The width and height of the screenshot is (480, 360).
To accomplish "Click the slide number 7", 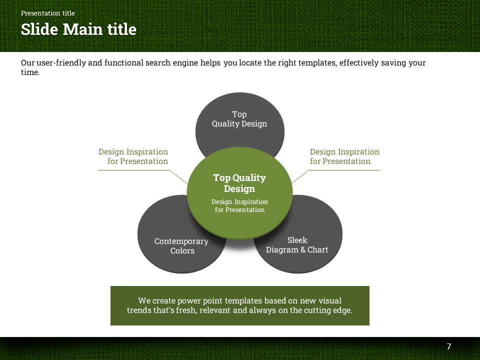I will [448, 346].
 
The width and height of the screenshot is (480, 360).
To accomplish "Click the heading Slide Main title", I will [78, 29].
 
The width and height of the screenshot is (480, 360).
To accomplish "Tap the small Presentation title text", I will [48, 13].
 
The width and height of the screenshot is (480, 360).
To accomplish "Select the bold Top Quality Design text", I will [239, 183].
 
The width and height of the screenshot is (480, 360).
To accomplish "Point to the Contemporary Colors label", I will [181, 246].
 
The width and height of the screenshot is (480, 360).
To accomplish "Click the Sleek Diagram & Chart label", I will [297, 245].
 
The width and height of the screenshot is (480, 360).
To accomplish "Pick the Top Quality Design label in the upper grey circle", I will [239, 119].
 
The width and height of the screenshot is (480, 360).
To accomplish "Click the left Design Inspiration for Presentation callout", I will [133, 156].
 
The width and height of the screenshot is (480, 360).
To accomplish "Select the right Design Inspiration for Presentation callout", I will [344, 156].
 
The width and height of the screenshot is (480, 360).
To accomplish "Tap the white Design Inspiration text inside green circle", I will [240, 205].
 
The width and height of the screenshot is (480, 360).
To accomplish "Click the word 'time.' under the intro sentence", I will [30, 72].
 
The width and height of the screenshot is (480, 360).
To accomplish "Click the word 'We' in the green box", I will [144, 300].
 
